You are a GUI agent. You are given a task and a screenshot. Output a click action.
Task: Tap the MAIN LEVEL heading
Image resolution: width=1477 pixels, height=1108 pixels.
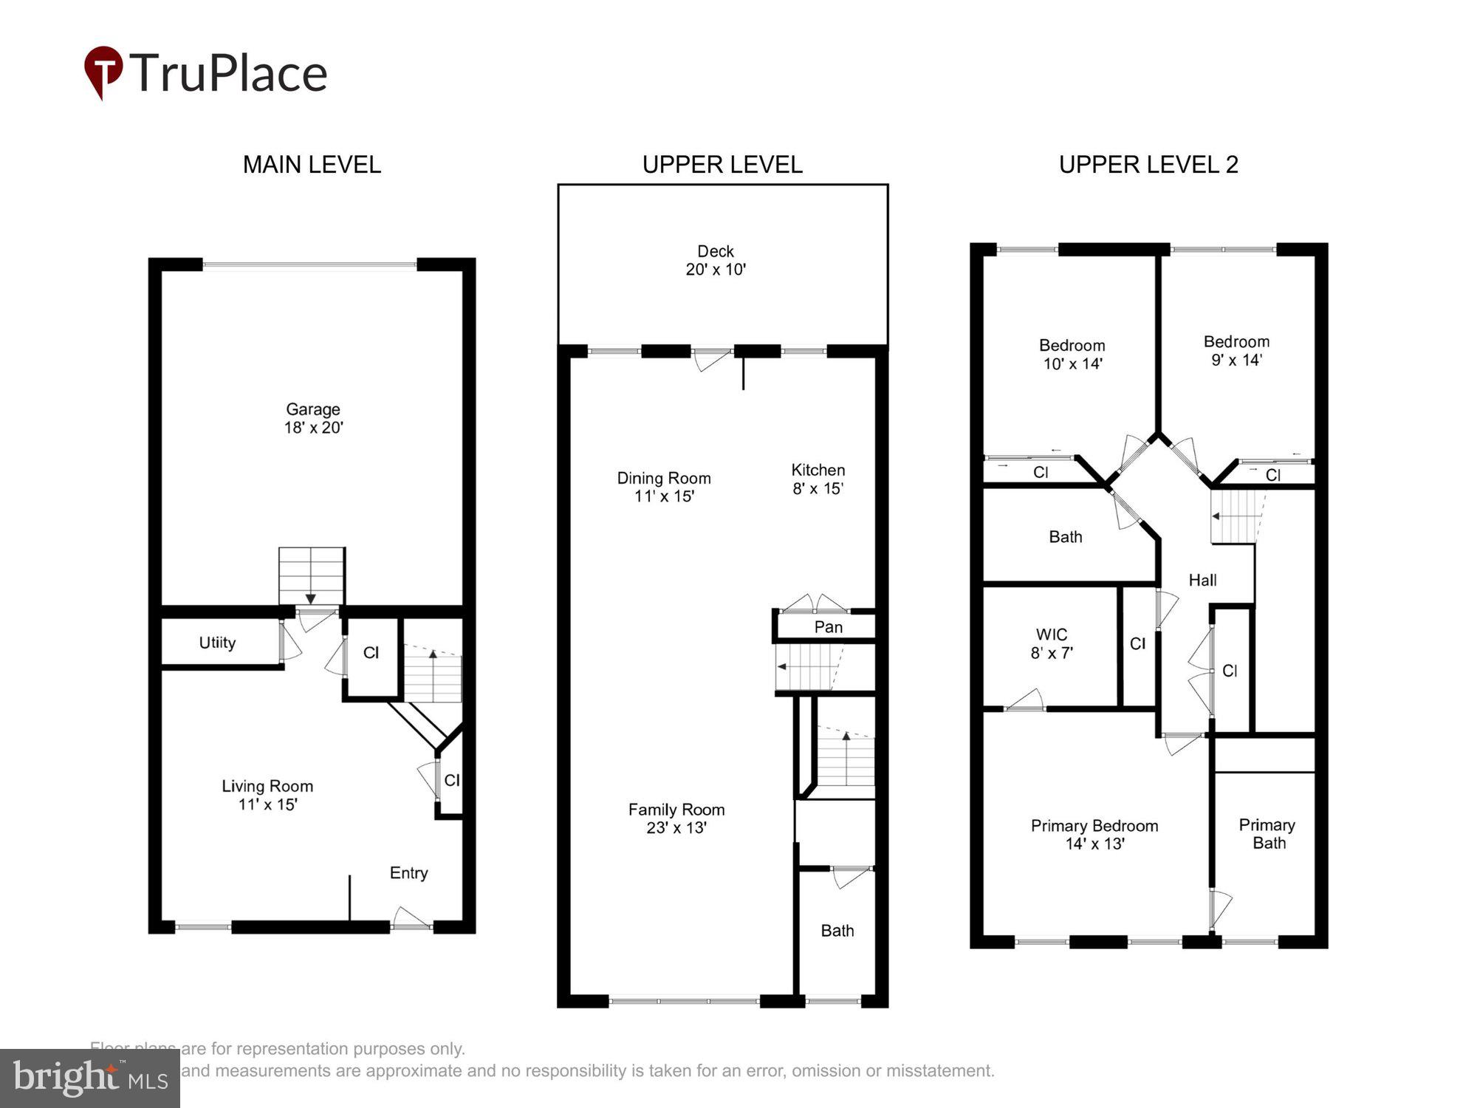[312, 164]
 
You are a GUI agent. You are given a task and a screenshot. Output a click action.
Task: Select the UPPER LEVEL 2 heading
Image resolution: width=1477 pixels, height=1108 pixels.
[1148, 164]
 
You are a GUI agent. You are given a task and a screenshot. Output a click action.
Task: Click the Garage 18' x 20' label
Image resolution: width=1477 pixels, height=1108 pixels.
[313, 418]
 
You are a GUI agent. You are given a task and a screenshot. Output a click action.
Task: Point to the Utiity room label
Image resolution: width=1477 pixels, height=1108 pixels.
[217, 643]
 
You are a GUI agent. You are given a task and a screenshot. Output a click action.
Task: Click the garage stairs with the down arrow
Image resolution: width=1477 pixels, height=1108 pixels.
[311, 576]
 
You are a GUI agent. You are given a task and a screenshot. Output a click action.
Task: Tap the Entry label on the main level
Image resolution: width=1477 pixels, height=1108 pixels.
[408, 873]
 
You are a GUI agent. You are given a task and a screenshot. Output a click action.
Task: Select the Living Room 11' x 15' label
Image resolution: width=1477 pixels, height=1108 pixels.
[267, 795]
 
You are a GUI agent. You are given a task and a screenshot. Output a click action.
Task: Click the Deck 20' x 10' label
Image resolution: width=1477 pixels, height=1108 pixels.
[716, 260]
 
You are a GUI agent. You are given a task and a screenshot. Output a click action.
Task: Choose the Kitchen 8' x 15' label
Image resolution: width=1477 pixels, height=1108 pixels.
[818, 479]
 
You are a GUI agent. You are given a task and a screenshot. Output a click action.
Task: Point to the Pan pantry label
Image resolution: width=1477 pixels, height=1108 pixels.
[828, 627]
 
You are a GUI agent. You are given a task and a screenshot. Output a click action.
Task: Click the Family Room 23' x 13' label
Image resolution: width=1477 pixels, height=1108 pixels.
[676, 818]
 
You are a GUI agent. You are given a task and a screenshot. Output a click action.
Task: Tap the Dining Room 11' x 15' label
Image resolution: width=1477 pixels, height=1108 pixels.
[664, 487]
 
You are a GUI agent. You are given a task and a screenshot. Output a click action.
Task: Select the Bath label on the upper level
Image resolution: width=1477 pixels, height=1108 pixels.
[837, 931]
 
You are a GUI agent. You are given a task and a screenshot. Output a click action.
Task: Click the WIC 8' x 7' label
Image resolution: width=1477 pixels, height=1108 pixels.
[1051, 643]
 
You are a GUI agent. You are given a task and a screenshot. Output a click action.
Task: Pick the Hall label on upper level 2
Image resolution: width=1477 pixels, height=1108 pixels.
[1202, 581]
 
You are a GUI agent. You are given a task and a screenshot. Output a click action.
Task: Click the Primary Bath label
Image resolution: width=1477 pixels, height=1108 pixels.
[1267, 833]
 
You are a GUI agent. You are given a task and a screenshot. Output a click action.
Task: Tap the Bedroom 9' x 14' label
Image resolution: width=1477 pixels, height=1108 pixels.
[1236, 350]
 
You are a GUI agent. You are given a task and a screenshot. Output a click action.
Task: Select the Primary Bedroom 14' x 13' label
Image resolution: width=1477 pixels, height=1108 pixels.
[1094, 834]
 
